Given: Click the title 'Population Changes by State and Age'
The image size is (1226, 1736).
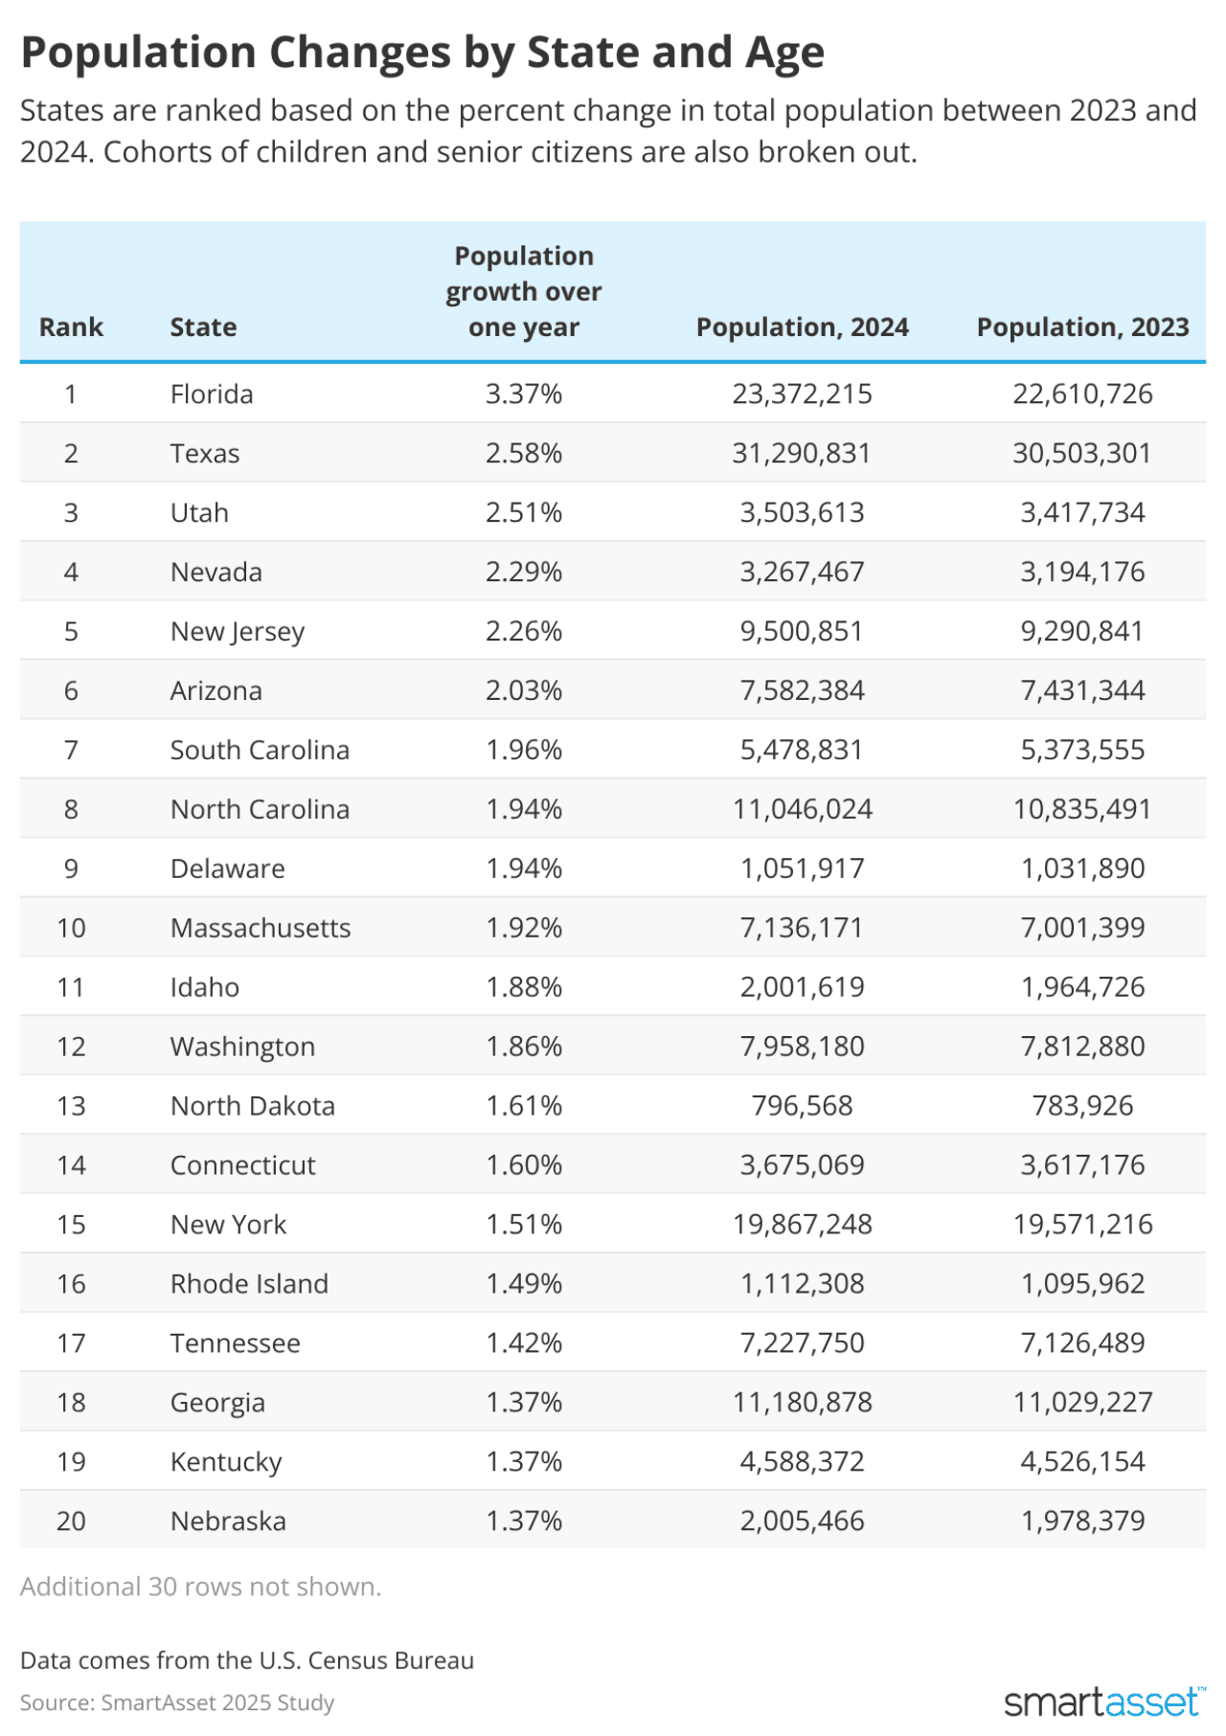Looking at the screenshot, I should (422, 54).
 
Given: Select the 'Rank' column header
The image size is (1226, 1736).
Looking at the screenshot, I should (71, 327).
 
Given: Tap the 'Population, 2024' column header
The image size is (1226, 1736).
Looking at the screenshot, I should (802, 327).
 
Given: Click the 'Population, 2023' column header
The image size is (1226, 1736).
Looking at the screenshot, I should (1082, 327).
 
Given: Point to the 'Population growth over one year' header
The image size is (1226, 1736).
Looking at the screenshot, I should (524, 292).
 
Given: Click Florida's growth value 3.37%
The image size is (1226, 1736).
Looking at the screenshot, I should (524, 395).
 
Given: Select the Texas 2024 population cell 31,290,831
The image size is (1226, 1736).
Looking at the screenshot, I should (802, 454).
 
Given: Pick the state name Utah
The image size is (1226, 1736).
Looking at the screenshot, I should (199, 513).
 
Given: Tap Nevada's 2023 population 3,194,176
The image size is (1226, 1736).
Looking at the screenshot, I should (1082, 573).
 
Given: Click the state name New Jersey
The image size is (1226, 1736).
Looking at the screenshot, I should (238, 632).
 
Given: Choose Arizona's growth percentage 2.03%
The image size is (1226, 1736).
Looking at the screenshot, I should (524, 691).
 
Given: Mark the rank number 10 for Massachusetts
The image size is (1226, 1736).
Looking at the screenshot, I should (71, 929).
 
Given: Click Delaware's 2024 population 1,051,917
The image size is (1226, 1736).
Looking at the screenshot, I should (802, 869).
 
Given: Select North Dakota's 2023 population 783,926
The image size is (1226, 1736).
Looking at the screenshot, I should (1082, 1106).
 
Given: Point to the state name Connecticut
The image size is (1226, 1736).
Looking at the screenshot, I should (243, 1165).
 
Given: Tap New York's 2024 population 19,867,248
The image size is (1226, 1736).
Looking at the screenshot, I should (802, 1225).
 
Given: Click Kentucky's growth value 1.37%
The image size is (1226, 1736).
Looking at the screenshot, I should (524, 1462).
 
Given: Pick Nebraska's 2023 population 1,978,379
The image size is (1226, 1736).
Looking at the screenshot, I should (1082, 1522).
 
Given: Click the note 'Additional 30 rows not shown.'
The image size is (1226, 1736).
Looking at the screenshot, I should (201, 1587).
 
